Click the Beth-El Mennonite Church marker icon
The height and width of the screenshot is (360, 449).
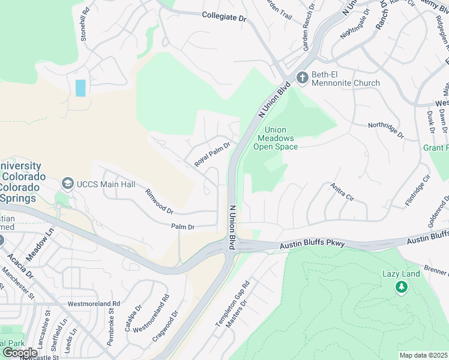302,77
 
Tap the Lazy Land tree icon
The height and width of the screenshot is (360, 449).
401,288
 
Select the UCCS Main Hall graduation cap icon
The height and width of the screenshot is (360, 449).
68,183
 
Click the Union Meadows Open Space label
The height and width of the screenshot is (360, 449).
276,139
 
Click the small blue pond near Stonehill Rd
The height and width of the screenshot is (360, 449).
80,88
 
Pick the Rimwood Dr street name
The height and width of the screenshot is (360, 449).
159,202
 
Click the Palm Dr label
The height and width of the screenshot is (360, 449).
183,227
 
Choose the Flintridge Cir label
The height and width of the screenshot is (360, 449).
418,191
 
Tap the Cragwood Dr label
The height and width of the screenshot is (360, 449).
165,326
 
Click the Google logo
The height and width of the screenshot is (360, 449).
20,352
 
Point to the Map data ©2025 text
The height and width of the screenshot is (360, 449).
423,355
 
